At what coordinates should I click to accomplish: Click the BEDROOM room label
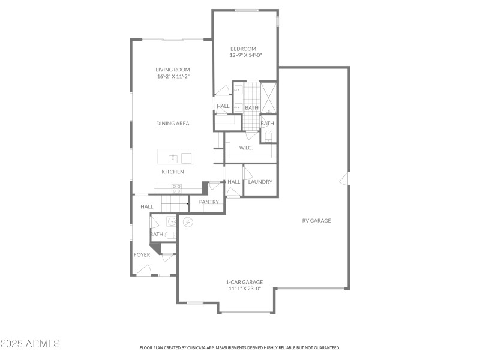[x=243, y=49]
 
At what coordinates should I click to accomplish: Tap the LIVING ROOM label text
[x=173, y=70]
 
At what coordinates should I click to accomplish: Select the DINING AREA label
[x=173, y=123]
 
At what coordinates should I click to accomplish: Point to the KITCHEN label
[x=173, y=172]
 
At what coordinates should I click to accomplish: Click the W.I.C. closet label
[x=246, y=147]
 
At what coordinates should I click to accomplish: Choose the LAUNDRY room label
[x=260, y=182]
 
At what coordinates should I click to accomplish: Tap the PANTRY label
[x=209, y=202]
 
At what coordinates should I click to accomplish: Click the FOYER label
[x=142, y=254]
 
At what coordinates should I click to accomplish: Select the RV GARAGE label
[x=316, y=220]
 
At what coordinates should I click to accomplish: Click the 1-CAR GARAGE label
[x=244, y=282]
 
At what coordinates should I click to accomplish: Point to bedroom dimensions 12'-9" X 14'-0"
[x=246, y=55]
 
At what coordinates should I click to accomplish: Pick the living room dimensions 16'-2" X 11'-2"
[x=173, y=76]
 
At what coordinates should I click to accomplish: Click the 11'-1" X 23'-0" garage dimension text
[x=244, y=289]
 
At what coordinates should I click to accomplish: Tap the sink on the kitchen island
[x=173, y=158]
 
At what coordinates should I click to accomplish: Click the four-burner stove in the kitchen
[x=178, y=188]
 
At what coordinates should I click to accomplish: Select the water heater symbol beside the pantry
[x=188, y=221]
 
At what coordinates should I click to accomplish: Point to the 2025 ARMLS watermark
[x=30, y=344]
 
